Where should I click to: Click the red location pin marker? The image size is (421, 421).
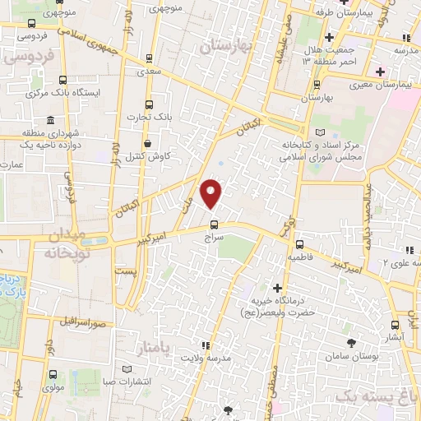(212, 194)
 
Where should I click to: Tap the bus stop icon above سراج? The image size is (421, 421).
(214, 224)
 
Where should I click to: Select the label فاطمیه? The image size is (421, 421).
(300, 257)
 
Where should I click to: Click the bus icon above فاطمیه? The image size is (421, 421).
(300, 244)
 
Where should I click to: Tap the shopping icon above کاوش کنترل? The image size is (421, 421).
(146, 143)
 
